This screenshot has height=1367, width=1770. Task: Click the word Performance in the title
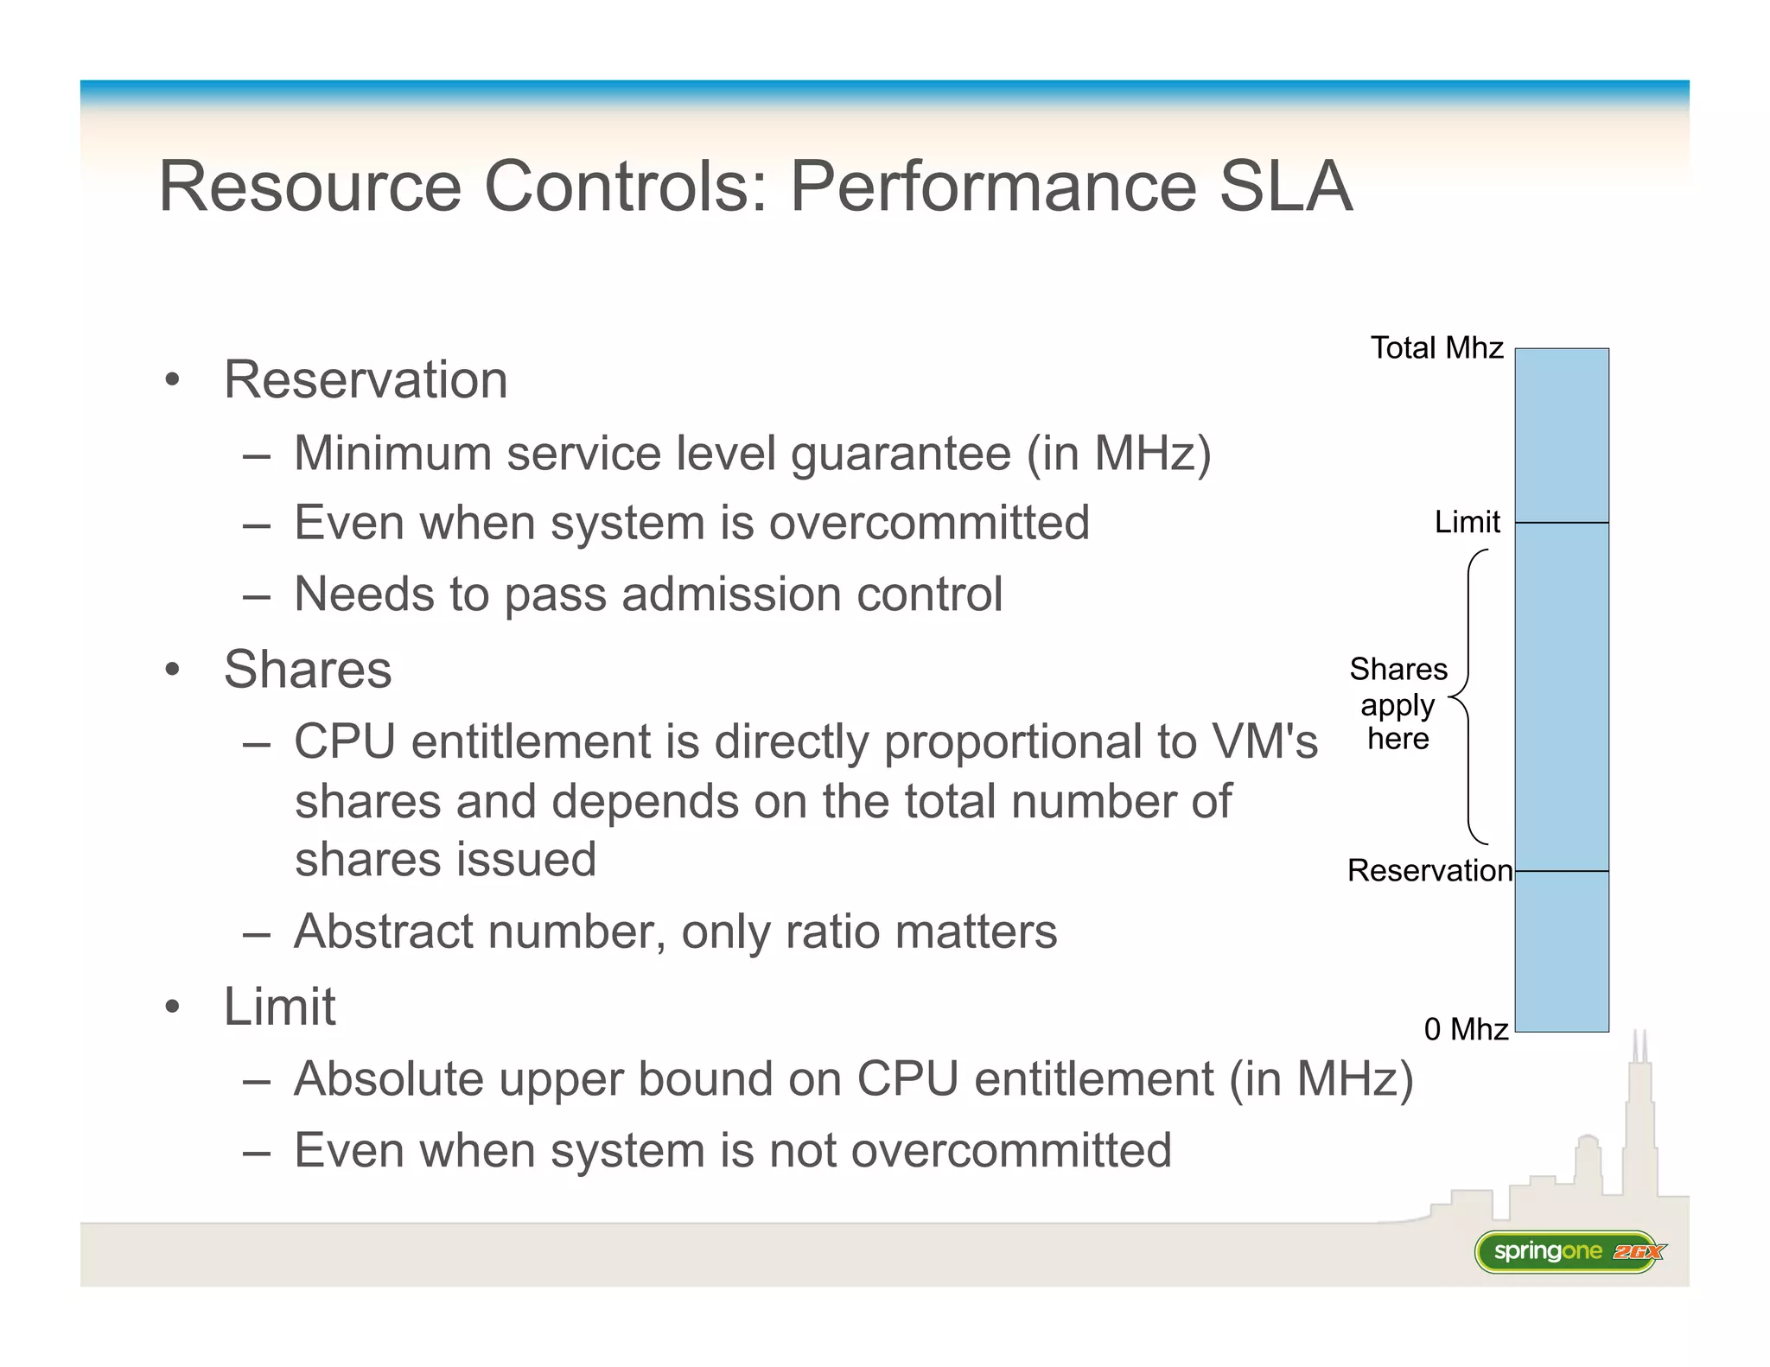pos(993,186)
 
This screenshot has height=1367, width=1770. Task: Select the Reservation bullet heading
pos(365,379)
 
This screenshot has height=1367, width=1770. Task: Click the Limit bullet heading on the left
pos(279,1007)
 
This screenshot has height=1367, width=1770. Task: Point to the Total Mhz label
pos(1436,348)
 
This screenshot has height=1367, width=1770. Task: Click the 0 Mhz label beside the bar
pos(1466,1029)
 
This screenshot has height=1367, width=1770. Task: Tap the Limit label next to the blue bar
pos(1467,522)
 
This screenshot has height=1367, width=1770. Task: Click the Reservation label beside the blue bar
pos(1429,870)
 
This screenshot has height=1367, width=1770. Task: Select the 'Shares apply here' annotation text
pos(1398,704)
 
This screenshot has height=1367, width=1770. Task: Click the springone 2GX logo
pos(1568,1251)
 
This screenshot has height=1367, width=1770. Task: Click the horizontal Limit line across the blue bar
pos(1562,523)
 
